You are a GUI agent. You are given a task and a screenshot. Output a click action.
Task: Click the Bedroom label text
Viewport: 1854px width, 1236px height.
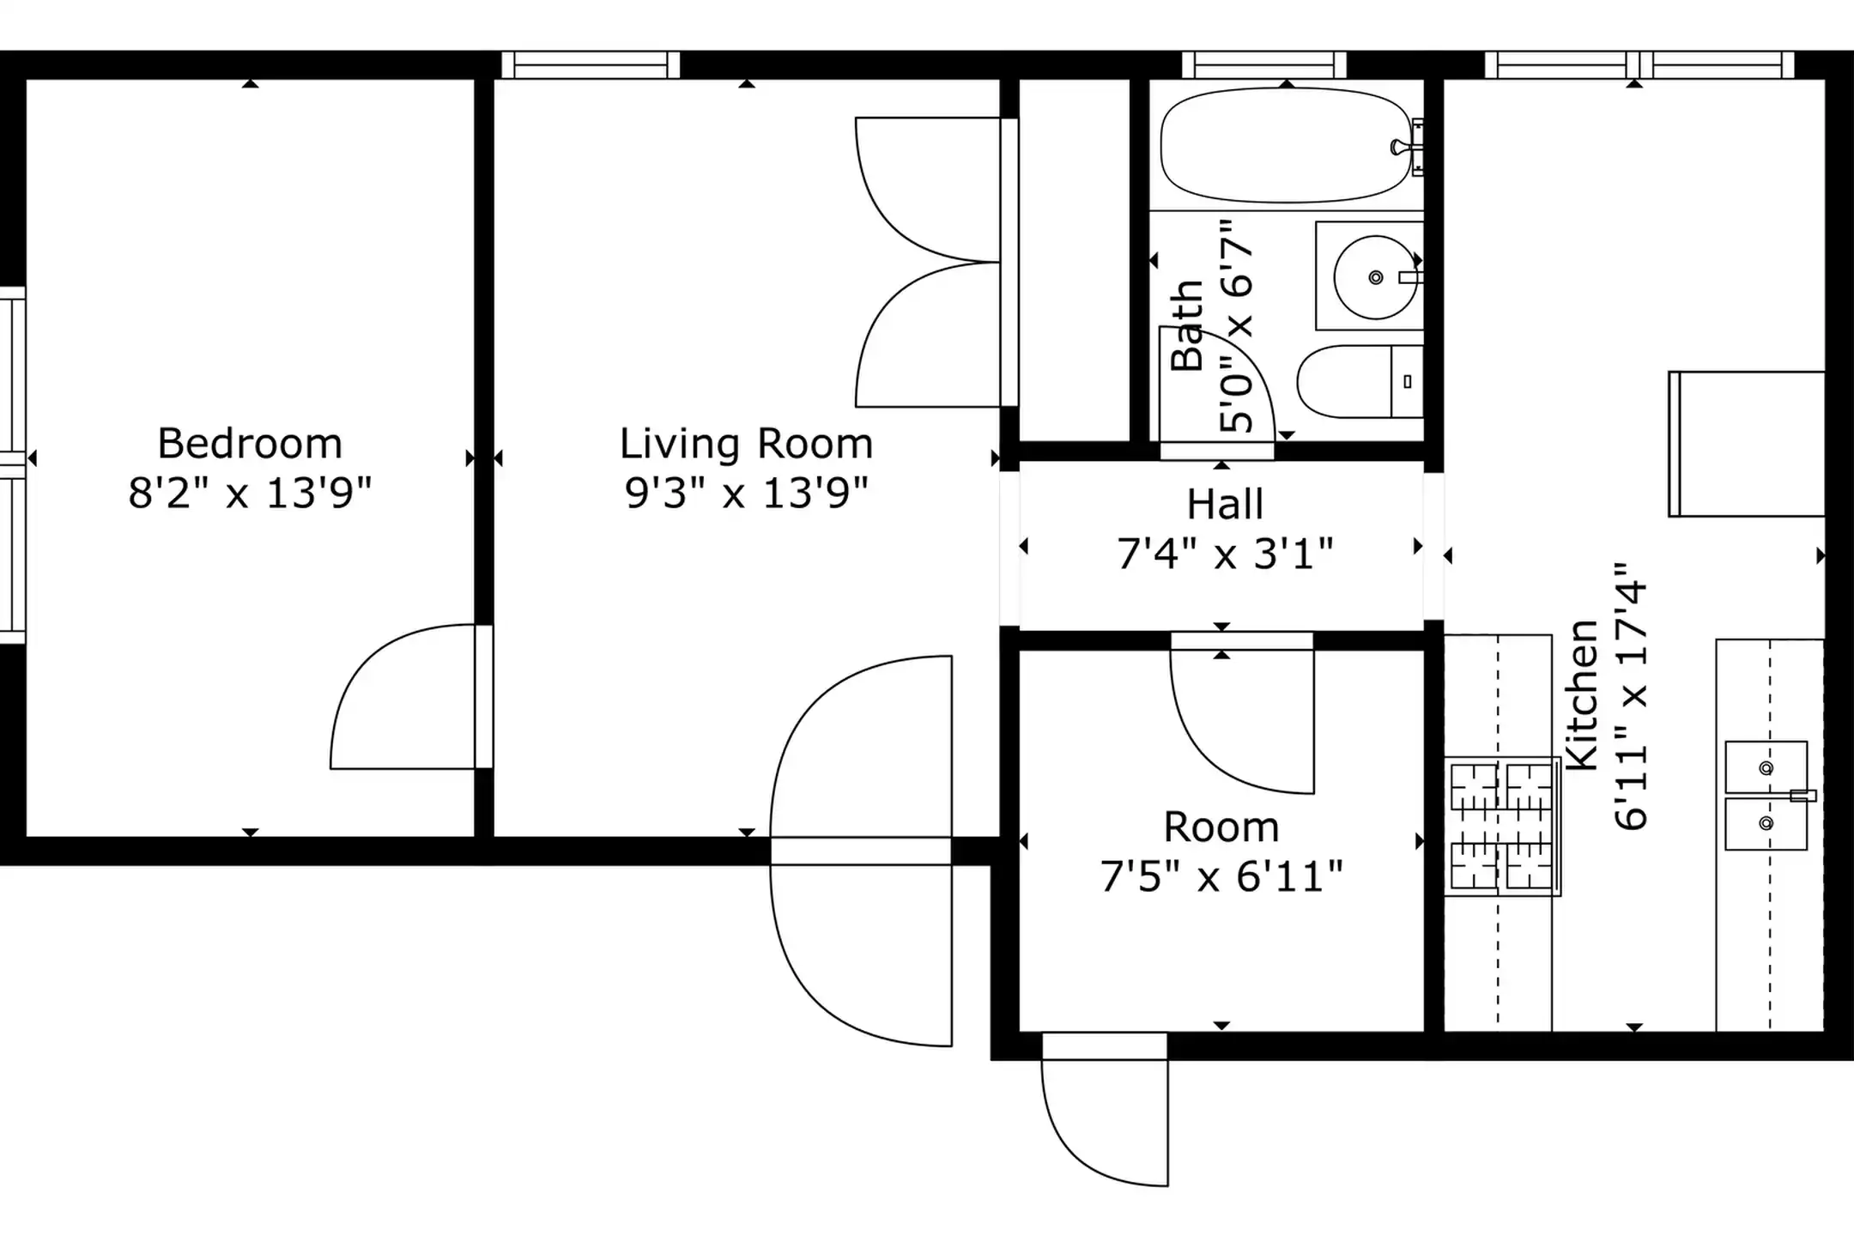pos(250,445)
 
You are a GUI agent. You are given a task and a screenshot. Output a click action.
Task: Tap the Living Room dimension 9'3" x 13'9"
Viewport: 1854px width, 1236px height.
pos(746,494)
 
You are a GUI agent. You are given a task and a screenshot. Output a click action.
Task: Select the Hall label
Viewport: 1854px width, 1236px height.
pos(1225,505)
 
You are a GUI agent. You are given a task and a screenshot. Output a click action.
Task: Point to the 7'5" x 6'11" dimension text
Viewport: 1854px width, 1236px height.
pos(1221,877)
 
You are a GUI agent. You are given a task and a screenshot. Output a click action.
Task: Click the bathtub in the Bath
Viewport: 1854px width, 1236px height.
pos(1286,145)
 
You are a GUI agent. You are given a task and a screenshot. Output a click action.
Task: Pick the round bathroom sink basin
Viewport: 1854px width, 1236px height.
pos(1376,277)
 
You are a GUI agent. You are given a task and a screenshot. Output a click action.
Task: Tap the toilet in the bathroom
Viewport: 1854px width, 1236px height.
pos(1360,382)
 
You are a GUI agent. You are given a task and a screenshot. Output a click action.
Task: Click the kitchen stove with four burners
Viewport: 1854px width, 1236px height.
pos(1502,826)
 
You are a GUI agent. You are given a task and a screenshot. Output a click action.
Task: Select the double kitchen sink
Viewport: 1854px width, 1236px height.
pos(1766,796)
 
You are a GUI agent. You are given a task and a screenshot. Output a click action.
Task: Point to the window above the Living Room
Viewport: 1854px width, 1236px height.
pos(591,65)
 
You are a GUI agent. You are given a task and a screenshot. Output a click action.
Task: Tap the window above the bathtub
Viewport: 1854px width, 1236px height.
pos(1263,65)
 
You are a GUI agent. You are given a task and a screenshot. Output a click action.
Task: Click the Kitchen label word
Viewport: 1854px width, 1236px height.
pos(1582,694)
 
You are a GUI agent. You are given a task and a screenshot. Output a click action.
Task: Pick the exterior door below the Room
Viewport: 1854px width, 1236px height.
pos(1105,1111)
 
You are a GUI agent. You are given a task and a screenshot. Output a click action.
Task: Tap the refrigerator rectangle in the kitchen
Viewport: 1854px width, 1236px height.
pos(1747,444)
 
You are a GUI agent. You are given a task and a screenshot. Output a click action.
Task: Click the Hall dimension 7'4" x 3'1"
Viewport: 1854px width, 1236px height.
pos(1225,554)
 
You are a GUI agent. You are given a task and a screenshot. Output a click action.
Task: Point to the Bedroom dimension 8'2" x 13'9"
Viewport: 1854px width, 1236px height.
pos(250,494)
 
